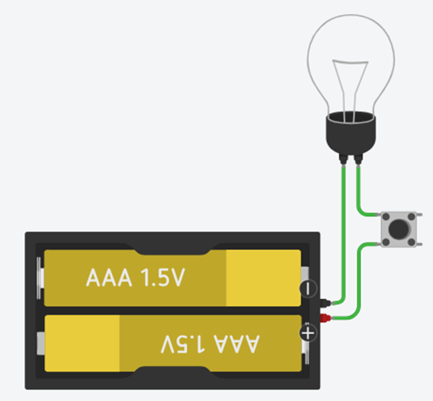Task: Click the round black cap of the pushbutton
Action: (x=398, y=228)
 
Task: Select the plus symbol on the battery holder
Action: (x=308, y=333)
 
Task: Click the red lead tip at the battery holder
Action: (x=326, y=318)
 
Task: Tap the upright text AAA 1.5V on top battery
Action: (x=135, y=279)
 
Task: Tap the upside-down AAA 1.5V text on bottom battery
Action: (x=210, y=344)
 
